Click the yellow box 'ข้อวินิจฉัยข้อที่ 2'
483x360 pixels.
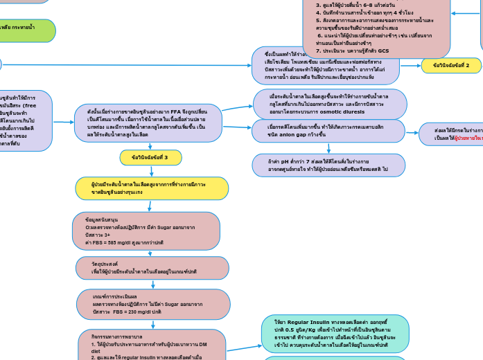[x=451, y=66]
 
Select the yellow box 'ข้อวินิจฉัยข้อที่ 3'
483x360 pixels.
[x=150, y=158]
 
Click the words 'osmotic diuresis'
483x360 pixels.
[x=341, y=111]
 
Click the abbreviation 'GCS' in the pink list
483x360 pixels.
[x=383, y=51]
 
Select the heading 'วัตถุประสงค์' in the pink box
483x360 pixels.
[x=105, y=264]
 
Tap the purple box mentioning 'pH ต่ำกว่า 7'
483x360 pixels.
[x=328, y=165]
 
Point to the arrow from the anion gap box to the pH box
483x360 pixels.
[x=328, y=148]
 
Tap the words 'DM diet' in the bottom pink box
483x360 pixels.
[x=97, y=351]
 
